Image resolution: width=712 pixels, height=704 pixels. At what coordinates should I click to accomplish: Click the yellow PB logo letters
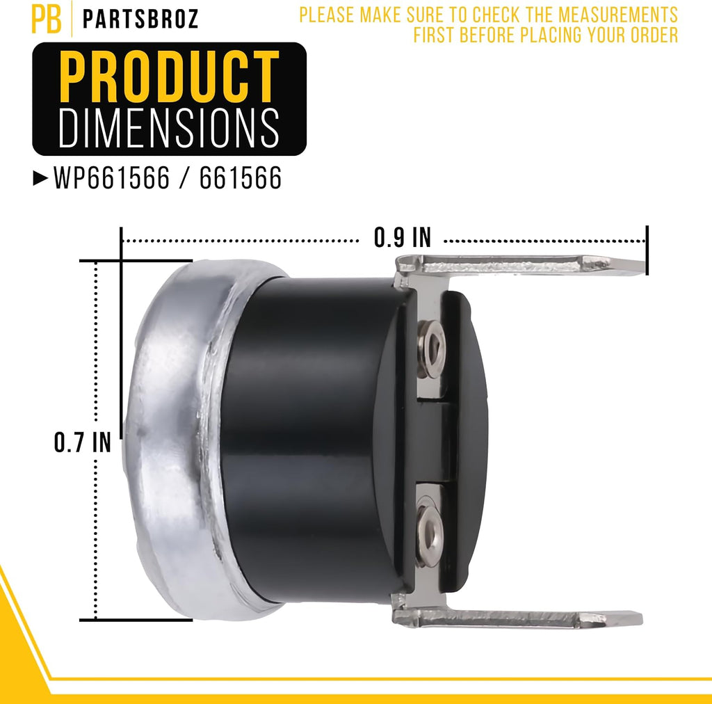pos(47,19)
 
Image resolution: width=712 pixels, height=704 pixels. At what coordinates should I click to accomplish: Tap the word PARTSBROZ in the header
pos(140,19)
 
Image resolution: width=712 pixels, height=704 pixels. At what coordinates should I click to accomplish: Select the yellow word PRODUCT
pos(169,77)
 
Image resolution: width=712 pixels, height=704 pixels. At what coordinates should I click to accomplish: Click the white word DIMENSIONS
pos(169,128)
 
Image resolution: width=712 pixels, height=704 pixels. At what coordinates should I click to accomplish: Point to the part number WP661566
pos(112,177)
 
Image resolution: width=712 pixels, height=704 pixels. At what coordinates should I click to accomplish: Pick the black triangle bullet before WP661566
pos(40,178)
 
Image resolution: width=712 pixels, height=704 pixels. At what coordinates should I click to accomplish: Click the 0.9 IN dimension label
pos(402,237)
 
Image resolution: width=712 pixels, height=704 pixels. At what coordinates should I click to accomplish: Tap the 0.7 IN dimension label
pos(82,442)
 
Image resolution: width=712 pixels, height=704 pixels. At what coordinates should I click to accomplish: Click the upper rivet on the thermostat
pos(431,349)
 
